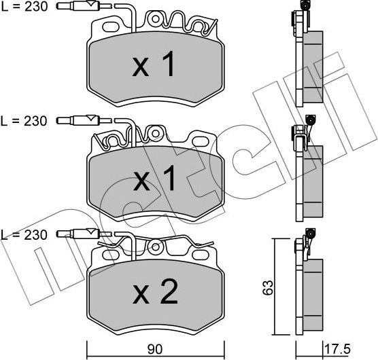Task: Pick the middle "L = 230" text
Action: coord(24,121)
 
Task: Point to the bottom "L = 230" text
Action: coord(24,235)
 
